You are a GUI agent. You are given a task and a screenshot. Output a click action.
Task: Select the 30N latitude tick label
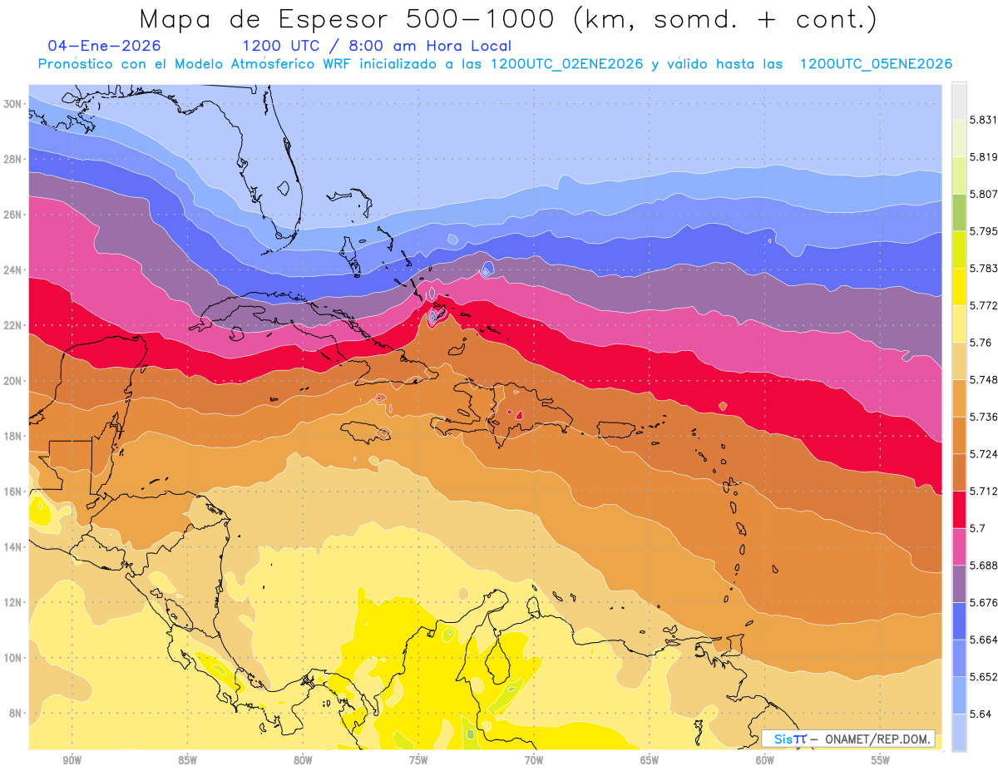(13, 103)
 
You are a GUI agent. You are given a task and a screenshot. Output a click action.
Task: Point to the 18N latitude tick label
(13, 436)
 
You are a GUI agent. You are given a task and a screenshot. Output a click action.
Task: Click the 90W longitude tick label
(72, 760)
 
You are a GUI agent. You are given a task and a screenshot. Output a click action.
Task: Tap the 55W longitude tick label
(880, 760)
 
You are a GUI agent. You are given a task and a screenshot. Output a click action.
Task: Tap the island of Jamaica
(366, 430)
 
